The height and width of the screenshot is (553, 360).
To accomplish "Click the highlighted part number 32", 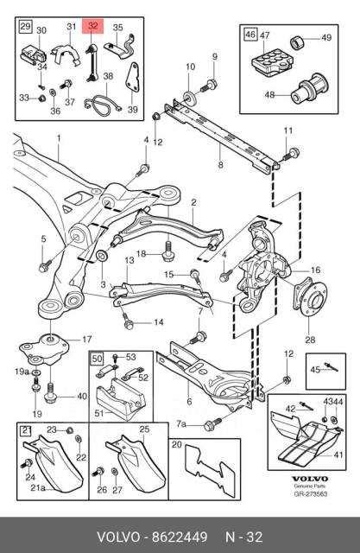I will [x=92, y=27].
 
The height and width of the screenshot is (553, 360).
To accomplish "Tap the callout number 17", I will [x=86, y=339].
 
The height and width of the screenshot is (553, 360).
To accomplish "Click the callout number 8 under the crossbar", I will [x=221, y=164].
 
